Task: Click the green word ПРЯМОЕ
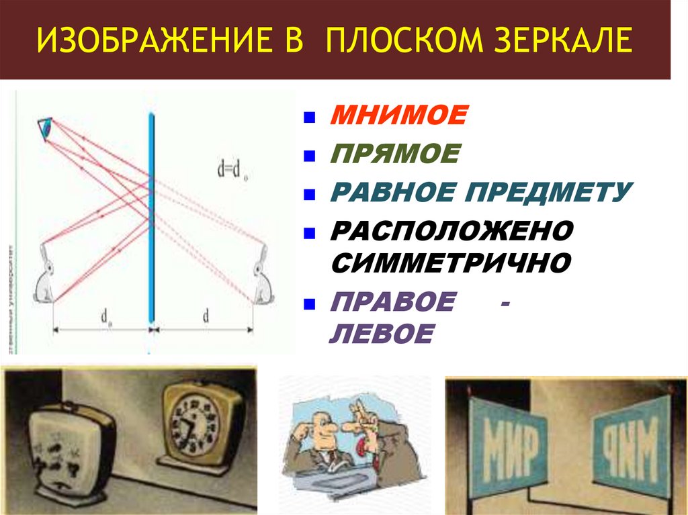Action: coord(394,154)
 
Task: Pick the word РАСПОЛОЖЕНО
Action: coord(451,232)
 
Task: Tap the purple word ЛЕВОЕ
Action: coord(380,334)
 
